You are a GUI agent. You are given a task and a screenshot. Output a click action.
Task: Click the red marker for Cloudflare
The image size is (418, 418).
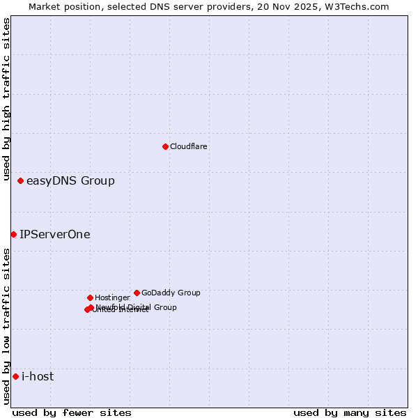[x=165, y=146]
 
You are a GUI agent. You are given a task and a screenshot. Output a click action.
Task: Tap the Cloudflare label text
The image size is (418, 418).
[x=189, y=146]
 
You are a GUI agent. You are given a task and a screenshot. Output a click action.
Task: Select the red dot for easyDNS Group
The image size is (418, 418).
[x=21, y=181]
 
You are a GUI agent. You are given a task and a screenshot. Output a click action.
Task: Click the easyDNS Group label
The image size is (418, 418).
[x=70, y=181]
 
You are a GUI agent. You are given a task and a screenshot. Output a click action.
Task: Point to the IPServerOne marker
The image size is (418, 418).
[x=13, y=234]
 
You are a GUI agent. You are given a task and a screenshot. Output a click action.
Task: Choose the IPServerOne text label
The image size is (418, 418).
[x=55, y=235]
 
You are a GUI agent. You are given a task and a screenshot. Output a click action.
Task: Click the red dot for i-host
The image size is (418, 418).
[x=15, y=377]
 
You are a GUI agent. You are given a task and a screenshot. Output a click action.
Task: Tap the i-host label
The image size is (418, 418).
[x=38, y=377]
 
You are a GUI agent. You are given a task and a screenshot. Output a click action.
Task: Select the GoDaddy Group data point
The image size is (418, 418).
[x=137, y=293]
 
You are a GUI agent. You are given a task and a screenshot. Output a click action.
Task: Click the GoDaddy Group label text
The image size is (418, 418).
[x=171, y=293]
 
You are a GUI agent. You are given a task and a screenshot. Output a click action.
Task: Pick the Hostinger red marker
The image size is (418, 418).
[x=90, y=297]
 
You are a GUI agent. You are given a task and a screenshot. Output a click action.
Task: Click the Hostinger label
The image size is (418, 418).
[x=112, y=297]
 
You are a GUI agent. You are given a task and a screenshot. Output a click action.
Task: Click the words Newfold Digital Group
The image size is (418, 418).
[x=137, y=307]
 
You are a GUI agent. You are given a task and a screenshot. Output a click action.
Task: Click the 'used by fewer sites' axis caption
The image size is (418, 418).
[x=72, y=412]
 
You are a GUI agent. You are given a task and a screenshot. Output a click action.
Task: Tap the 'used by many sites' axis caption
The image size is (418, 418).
[x=350, y=412]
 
